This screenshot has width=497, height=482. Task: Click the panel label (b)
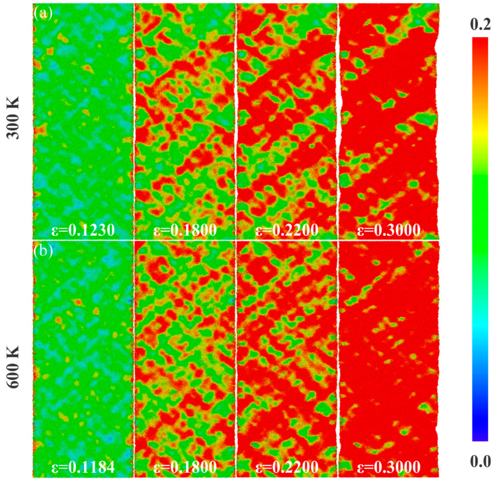pos(43,250)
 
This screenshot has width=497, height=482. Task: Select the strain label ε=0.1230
pos(83,230)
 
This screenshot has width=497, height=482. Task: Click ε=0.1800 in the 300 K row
pos(185,230)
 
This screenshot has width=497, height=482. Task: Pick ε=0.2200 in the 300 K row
pos(287,230)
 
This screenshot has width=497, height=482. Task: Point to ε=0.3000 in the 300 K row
pos(389,230)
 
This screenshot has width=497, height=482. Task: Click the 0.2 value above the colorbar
pos(480,25)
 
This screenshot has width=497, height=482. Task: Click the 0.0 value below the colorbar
pos(480,461)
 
